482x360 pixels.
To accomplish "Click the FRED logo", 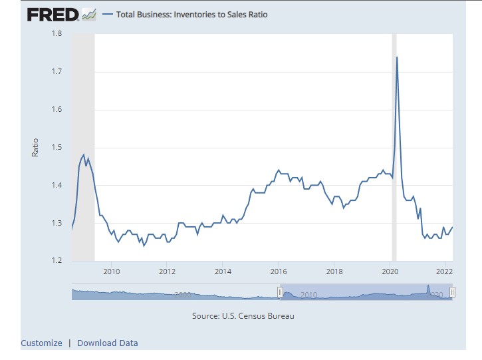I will click(54, 14).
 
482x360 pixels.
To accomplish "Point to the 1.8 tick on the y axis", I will click(59, 34).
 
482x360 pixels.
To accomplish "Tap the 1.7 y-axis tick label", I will click(59, 72).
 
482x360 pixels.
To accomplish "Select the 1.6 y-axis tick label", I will click(59, 110).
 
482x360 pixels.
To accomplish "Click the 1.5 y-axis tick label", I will click(59, 148).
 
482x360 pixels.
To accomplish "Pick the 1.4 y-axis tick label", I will click(59, 186).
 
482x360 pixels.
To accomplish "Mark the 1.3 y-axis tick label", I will click(59, 224).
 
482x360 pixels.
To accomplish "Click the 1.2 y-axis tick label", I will click(59, 261).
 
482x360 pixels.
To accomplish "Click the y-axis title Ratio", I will click(35, 147).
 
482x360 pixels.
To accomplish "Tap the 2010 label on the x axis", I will click(111, 271).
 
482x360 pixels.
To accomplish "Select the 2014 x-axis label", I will click(223, 271).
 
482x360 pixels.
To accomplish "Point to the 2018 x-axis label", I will click(334, 271).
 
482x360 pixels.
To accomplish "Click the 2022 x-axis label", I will click(445, 271).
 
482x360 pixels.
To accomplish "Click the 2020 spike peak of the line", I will click(397, 57).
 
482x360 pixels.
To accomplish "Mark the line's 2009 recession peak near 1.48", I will click(84, 154).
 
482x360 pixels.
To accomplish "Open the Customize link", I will click(41, 343).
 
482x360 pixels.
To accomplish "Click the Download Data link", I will click(108, 343).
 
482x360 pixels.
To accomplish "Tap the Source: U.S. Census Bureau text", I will click(243, 316).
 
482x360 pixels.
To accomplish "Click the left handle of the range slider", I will click(280, 292).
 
